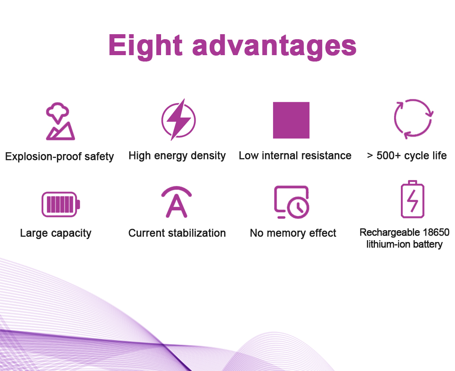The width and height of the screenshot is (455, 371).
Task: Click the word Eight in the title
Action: pos(146,46)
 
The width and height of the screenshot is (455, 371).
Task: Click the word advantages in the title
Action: pos(274,46)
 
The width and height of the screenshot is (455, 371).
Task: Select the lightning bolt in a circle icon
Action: pos(178,119)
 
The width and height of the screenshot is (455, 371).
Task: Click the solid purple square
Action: pos(291,120)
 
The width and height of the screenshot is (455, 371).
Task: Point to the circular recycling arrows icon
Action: pos(413,119)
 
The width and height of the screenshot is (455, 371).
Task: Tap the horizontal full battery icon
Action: pos(61,204)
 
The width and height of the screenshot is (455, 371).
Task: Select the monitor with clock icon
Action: pos(292,202)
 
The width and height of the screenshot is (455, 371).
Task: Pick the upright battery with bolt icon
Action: pos(412,199)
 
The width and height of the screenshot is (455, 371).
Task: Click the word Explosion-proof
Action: pos(44,156)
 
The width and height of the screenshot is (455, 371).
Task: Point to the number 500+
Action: pos(389,155)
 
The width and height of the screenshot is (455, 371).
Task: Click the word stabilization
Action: pos(197,233)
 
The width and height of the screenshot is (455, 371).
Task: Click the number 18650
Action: pos(436,232)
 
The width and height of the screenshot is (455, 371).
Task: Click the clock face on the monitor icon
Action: pos(298,207)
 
